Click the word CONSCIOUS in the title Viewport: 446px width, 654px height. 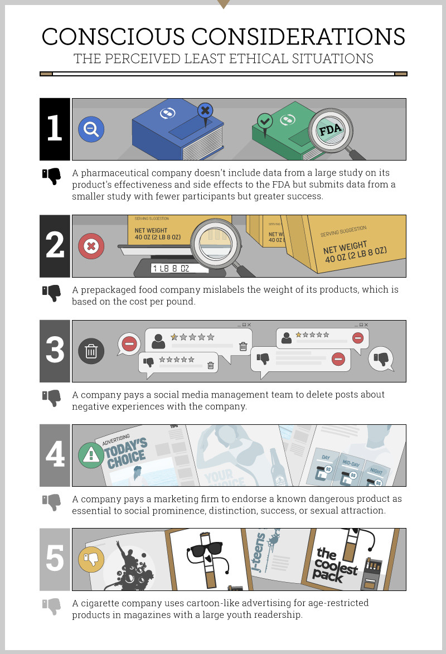click(x=113, y=37)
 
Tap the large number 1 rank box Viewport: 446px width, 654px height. click(x=55, y=129)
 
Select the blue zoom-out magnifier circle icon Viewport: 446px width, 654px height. click(x=91, y=129)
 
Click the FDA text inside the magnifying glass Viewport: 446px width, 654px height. click(x=331, y=130)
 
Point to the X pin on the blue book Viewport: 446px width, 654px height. click(x=205, y=112)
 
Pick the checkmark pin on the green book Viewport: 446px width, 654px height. click(x=265, y=122)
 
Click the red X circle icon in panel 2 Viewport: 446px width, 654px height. click(x=91, y=246)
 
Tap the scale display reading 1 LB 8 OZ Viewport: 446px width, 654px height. click(x=179, y=269)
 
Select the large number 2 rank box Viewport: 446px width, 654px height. click(x=55, y=246)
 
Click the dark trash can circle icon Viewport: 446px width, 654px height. click(x=91, y=351)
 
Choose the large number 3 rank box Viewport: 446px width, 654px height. click(x=55, y=351)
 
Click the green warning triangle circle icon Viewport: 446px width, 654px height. click(x=91, y=456)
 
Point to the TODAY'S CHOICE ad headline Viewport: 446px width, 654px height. click(x=126, y=453)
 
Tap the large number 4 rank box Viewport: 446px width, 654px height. click(x=55, y=456)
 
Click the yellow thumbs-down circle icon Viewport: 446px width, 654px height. click(x=91, y=559)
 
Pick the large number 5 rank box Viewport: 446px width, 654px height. click(x=55, y=559)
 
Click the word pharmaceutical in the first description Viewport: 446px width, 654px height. click(x=115, y=173)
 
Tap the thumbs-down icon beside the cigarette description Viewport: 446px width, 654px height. click(x=51, y=607)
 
